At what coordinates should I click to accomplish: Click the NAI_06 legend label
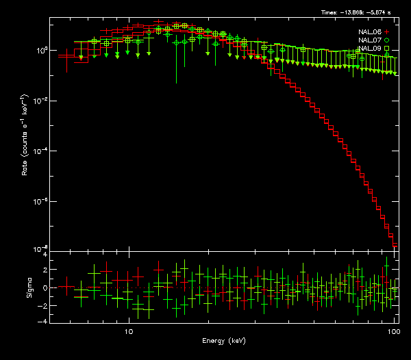pos(369,32)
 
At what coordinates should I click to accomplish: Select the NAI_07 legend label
pos(369,40)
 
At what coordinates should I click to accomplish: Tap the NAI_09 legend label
pos(369,49)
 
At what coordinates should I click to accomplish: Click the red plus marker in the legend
pos(387,32)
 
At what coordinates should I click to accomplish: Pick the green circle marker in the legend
pos(387,40)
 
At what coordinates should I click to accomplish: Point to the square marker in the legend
pos(387,49)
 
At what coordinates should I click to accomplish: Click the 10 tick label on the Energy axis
pos(128,331)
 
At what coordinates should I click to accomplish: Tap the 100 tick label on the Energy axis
pos(393,331)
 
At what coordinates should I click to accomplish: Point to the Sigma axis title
pos(29,287)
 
